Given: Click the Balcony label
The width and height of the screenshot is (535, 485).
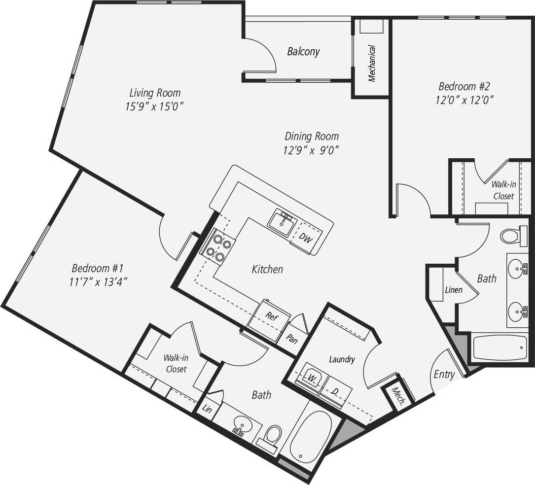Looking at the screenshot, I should [303, 51].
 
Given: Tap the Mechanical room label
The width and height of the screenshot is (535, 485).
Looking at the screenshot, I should [372, 63].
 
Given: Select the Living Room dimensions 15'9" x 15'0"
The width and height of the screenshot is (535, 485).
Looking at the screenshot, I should [155, 106].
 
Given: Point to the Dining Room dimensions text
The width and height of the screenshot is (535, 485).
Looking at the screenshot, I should [311, 150].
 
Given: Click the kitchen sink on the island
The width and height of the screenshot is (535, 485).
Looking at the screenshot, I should [283, 223].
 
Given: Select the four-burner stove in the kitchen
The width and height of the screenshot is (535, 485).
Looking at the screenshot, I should [217, 247].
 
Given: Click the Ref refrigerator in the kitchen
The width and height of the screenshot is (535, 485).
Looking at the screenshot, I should [270, 316].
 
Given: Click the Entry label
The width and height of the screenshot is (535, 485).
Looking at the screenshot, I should [444, 375].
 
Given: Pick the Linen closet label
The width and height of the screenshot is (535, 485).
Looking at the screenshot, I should [453, 290].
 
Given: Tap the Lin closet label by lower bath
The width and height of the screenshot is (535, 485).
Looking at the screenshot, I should [207, 409].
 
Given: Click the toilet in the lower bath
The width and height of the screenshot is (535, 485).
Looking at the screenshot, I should [272, 437].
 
